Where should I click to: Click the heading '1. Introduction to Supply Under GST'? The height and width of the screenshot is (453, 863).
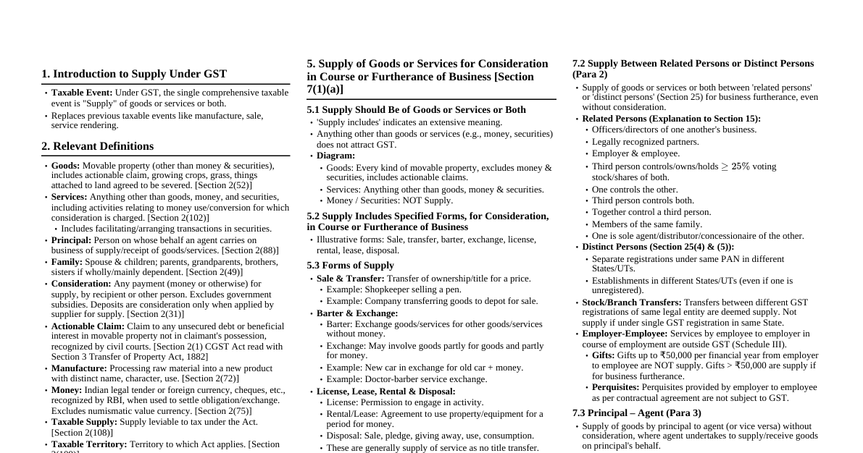(x=134, y=74)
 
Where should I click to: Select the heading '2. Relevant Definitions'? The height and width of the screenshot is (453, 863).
(x=97, y=146)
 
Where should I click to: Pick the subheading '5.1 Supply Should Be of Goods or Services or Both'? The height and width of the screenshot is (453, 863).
(x=416, y=110)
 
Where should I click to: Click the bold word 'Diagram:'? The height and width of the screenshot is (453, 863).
(x=335, y=156)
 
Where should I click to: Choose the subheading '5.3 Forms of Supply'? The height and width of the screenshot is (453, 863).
(x=350, y=266)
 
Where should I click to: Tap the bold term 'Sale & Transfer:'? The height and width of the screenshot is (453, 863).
(x=350, y=279)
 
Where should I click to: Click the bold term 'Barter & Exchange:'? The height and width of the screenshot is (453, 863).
(x=357, y=313)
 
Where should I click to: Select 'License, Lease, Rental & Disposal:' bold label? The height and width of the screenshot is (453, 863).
(x=385, y=391)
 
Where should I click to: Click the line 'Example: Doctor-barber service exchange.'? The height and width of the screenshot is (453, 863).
(x=407, y=379)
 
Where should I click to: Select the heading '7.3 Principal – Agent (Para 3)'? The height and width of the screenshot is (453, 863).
(x=636, y=413)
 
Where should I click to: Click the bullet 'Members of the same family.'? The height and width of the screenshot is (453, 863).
(x=646, y=224)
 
